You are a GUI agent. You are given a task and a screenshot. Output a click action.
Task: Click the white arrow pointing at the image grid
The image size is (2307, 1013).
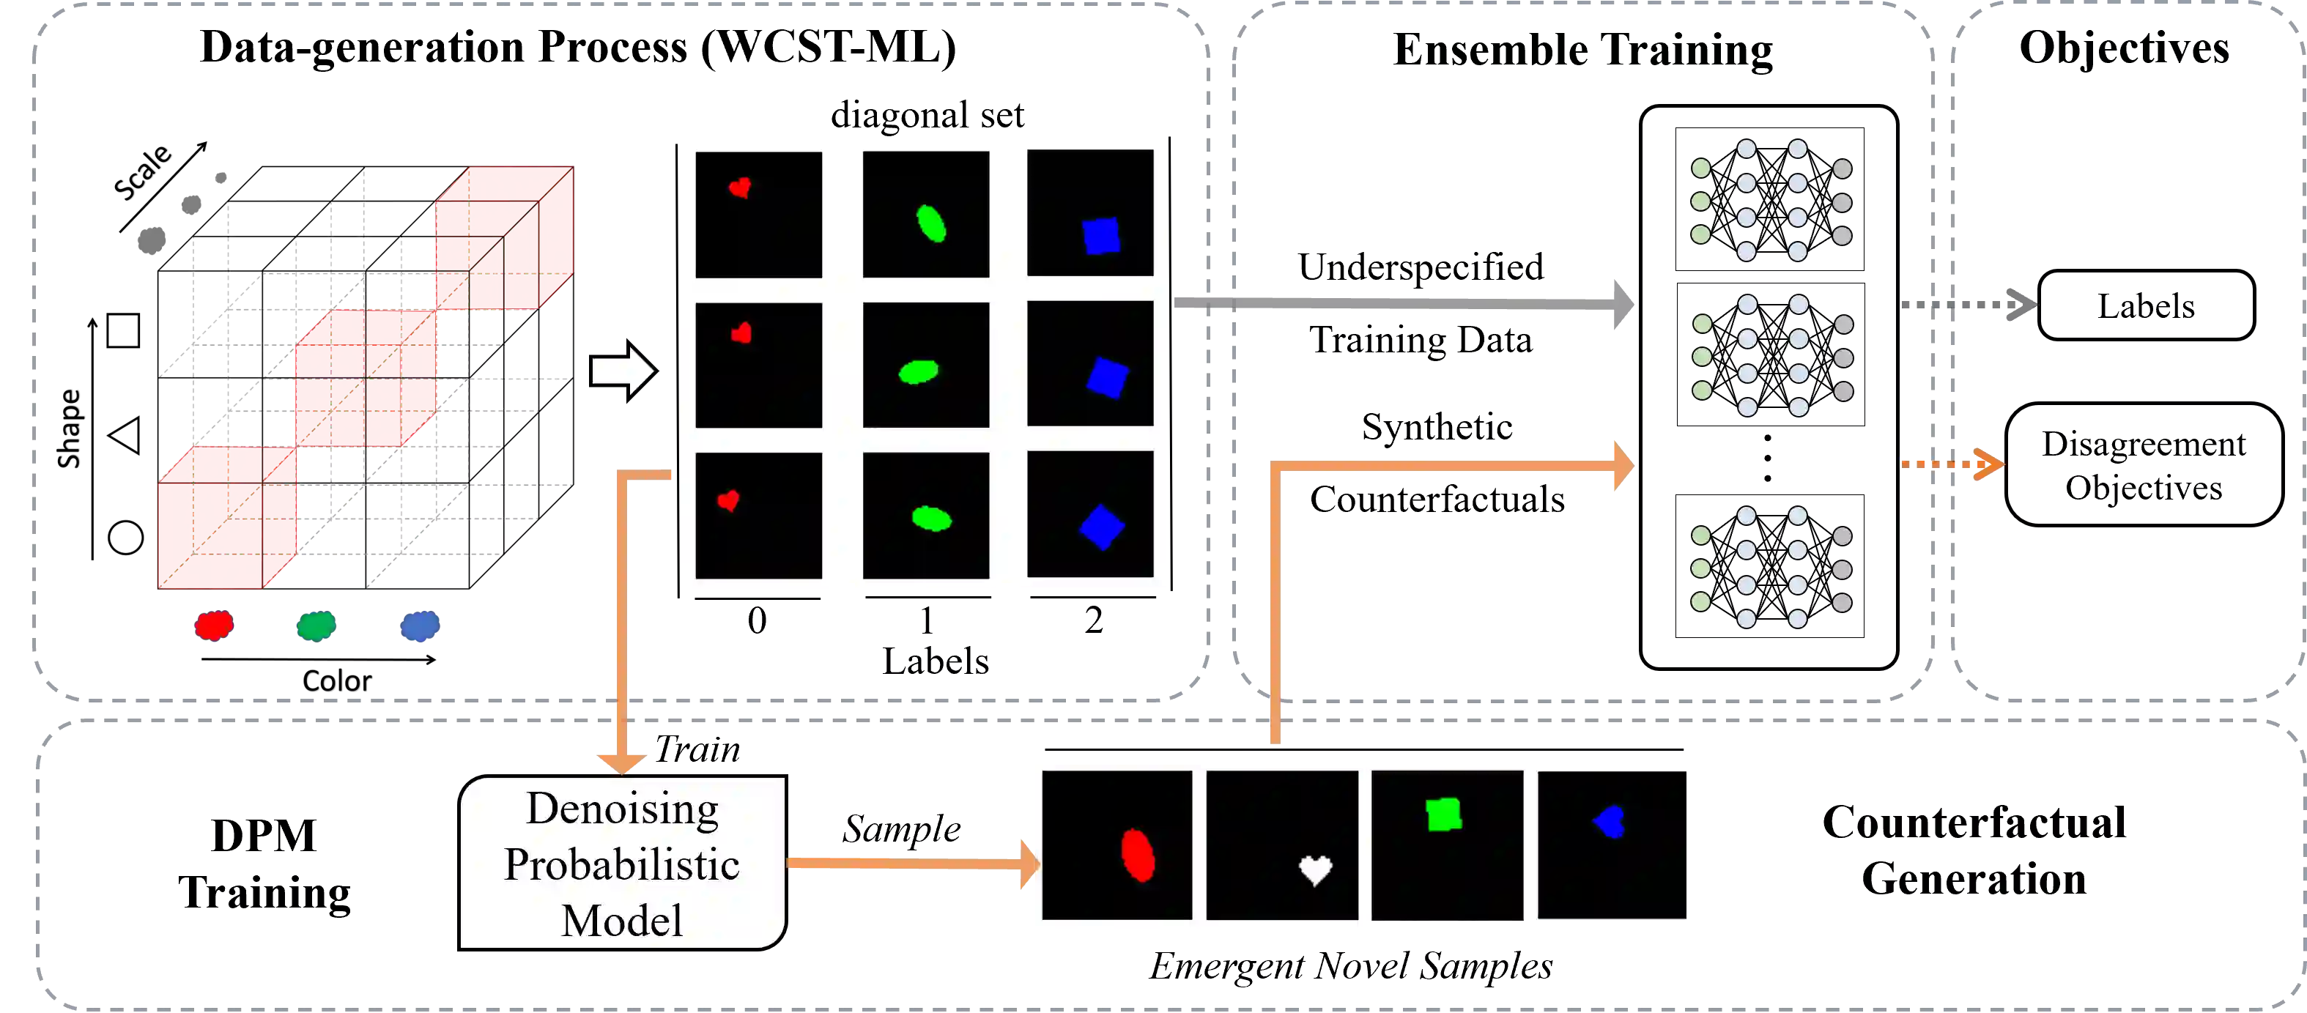click(x=623, y=371)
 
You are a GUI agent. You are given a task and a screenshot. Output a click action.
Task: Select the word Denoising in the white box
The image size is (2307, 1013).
click(x=623, y=809)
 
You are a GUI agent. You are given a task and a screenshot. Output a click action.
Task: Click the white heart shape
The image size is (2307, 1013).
click(x=1315, y=869)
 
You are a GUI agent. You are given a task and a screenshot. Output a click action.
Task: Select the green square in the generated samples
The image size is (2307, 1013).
click(x=1444, y=815)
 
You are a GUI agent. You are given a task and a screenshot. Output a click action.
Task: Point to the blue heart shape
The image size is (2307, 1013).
click(x=1610, y=821)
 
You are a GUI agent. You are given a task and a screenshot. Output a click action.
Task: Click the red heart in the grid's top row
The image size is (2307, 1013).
click(x=740, y=188)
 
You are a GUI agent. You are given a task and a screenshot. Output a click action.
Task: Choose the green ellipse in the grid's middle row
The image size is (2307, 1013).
click(x=918, y=371)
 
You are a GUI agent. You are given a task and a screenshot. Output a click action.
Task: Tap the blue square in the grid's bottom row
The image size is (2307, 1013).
click(x=1102, y=527)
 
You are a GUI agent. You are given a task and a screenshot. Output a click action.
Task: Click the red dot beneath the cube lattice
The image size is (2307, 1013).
click(x=214, y=626)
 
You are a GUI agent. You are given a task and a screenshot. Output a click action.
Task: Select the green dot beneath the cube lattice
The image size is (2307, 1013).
click(x=316, y=626)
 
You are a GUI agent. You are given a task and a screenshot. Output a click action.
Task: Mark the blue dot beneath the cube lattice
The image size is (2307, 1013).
click(x=420, y=626)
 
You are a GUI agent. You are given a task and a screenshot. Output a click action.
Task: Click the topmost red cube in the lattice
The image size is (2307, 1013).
click(x=503, y=237)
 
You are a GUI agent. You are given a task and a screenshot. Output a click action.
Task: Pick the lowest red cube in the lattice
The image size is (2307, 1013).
click(x=227, y=519)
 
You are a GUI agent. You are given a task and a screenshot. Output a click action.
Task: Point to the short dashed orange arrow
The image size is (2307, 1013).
click(x=1952, y=464)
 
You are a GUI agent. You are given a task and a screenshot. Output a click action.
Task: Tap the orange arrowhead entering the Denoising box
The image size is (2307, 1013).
click(x=621, y=761)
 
